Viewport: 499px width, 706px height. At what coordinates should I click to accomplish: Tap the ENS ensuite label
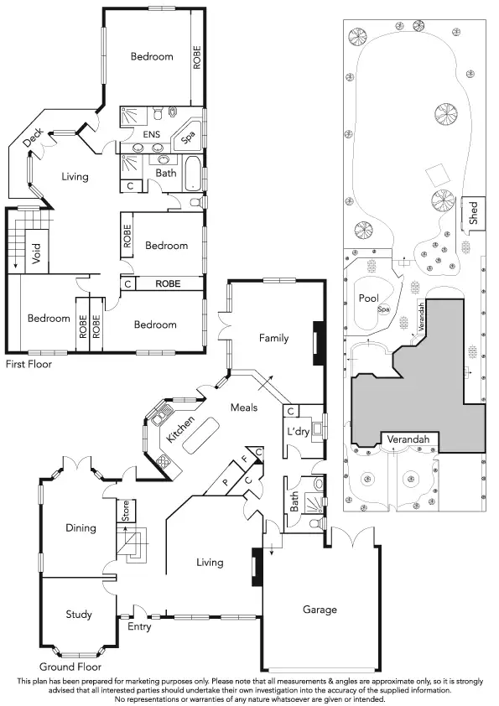152,133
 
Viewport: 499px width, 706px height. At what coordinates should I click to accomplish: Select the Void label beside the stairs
36,254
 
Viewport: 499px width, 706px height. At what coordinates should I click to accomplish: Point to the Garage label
320,610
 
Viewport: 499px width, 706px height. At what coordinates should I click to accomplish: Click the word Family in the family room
273,339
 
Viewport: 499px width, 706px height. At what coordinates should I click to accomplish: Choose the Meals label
244,408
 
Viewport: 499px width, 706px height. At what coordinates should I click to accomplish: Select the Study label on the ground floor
79,615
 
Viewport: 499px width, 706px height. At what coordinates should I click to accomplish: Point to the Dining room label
81,528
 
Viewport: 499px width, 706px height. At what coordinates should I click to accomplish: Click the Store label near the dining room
125,511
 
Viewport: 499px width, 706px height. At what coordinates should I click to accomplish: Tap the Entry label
139,626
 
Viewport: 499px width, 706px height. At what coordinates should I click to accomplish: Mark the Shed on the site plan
473,215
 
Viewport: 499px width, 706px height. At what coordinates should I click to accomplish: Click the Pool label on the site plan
369,298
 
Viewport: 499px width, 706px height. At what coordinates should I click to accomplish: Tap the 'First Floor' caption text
29,365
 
